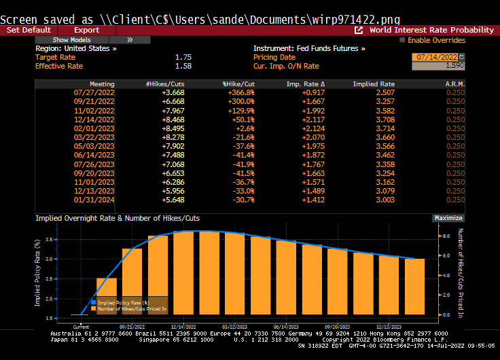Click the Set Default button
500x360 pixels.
coord(29,30)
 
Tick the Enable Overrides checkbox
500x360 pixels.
coord(403,40)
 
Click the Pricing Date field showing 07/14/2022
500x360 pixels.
coord(435,57)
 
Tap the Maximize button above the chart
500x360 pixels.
coord(448,218)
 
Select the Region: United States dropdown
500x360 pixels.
coord(75,49)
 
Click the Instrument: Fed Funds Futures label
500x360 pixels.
coord(309,49)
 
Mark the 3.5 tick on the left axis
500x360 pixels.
coord(48,239)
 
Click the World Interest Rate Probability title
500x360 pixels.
coord(431,30)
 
